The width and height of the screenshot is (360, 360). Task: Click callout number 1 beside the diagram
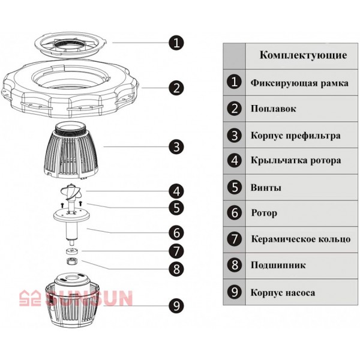pyautogui.click(x=176, y=43)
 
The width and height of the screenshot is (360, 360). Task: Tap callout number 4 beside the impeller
pyautogui.click(x=176, y=191)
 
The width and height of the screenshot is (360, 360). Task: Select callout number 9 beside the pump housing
pyautogui.click(x=176, y=305)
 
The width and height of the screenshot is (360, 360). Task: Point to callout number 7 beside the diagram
pyautogui.click(x=176, y=251)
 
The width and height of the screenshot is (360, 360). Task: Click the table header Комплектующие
pyautogui.click(x=303, y=55)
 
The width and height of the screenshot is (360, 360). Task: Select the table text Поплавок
pyautogui.click(x=273, y=109)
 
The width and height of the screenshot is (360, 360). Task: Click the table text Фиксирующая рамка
pyautogui.click(x=299, y=83)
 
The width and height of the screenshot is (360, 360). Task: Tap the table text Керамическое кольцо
pyautogui.click(x=301, y=239)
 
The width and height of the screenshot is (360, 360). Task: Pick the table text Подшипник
pyautogui.click(x=278, y=265)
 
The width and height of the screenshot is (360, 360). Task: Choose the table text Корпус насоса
pyautogui.click(x=283, y=293)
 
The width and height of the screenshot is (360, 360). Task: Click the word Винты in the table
pyautogui.click(x=266, y=188)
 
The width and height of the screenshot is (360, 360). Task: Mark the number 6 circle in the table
pyautogui.click(x=235, y=212)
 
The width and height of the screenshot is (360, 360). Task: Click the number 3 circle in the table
pyautogui.click(x=235, y=136)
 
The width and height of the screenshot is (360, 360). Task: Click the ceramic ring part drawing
pyautogui.click(x=72, y=251)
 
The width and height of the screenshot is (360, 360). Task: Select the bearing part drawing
pyautogui.click(x=72, y=261)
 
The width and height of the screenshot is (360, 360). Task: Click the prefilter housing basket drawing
pyautogui.click(x=71, y=151)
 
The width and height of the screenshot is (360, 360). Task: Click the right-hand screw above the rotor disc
pyautogui.click(x=80, y=203)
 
